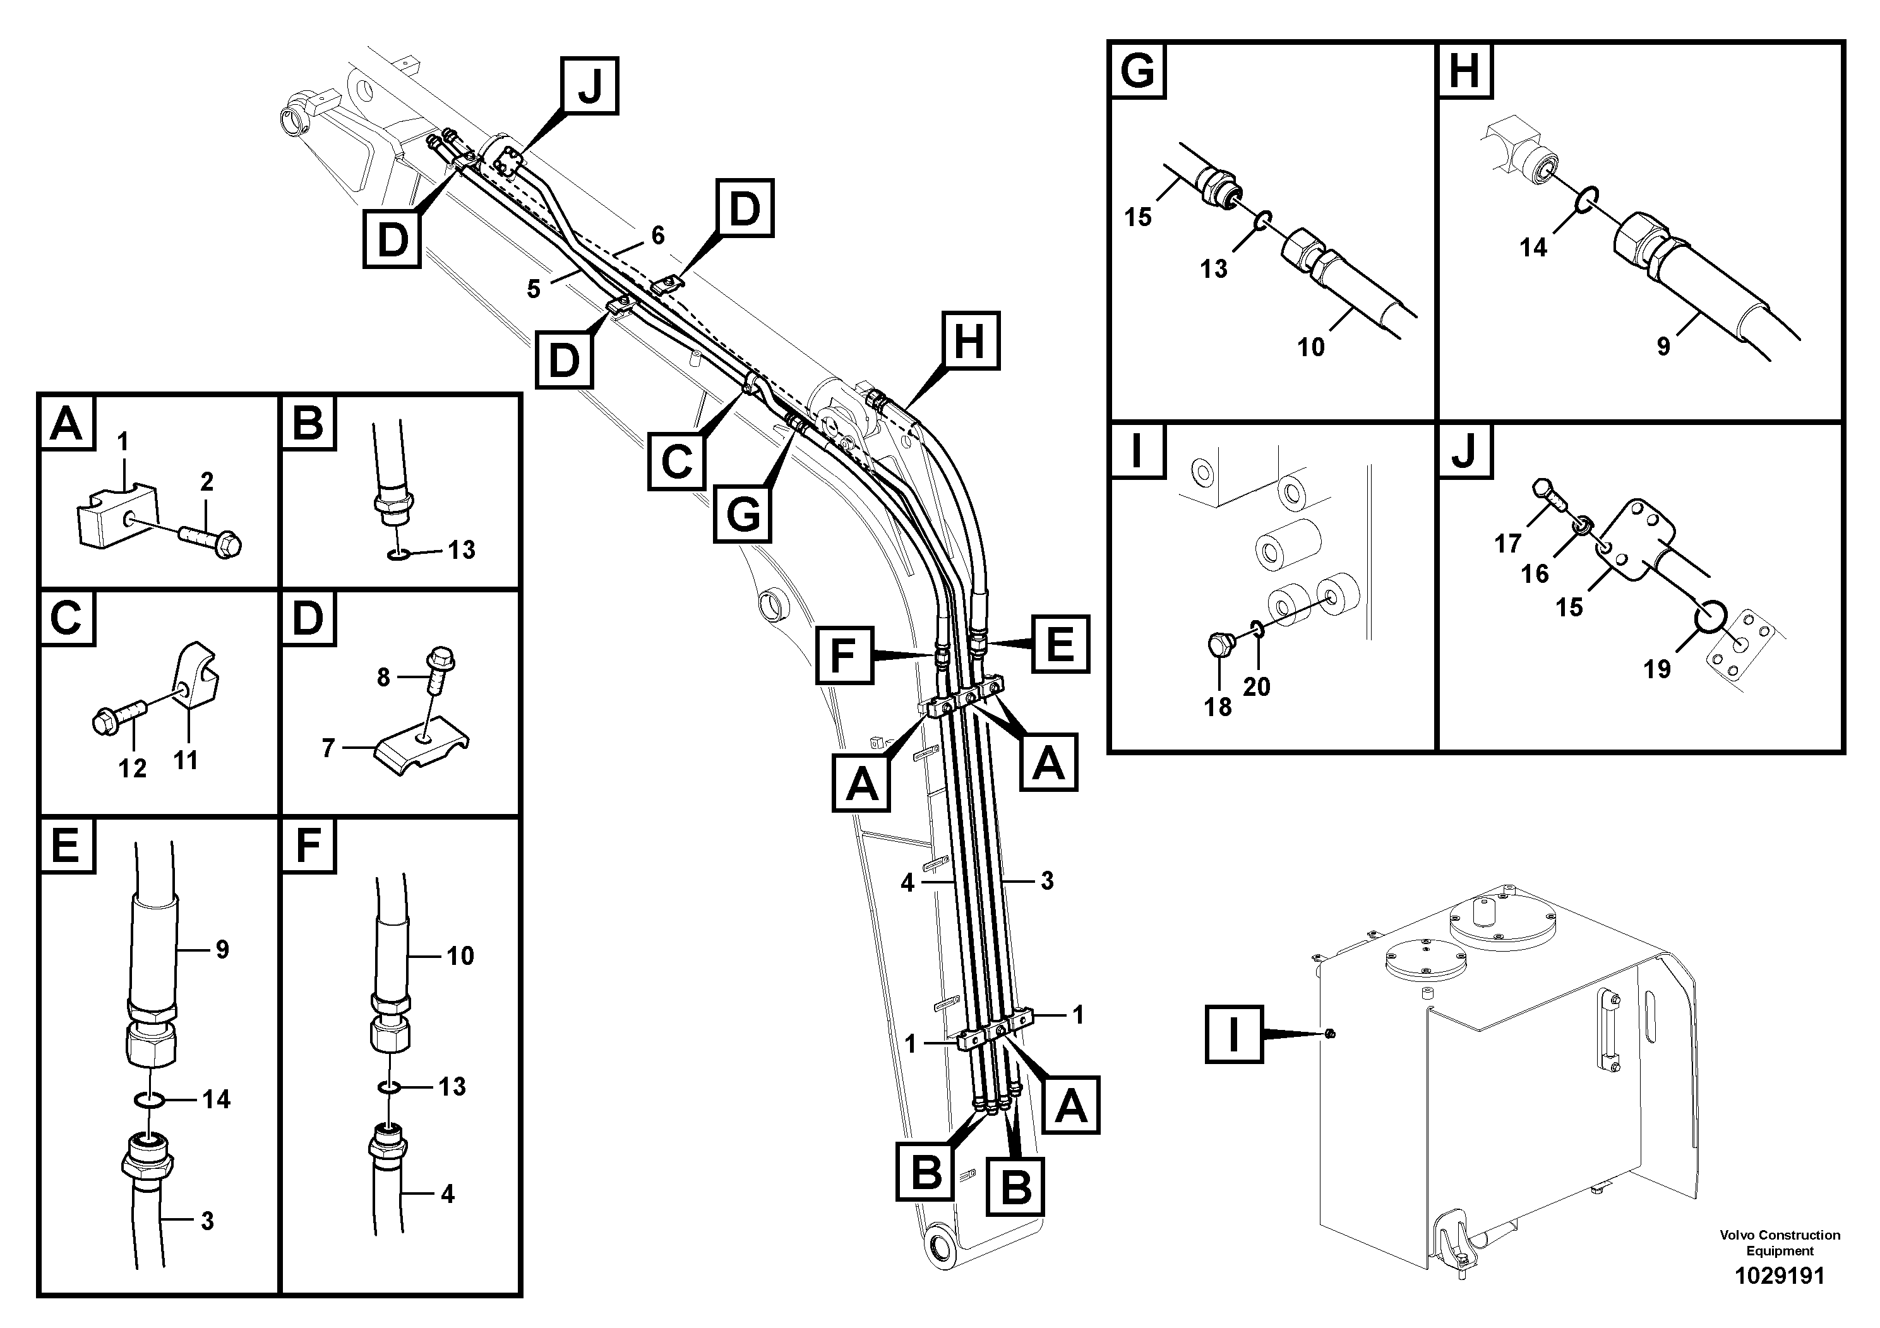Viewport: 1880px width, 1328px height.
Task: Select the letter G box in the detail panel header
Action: [1137, 71]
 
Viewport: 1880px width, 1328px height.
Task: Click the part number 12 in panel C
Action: [133, 768]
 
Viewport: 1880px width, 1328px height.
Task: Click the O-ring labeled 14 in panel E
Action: [152, 1099]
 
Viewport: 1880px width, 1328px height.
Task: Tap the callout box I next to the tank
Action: [1234, 1034]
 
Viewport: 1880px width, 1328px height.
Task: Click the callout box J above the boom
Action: [590, 85]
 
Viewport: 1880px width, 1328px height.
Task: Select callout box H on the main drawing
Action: [970, 340]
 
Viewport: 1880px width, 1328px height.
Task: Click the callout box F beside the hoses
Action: [844, 654]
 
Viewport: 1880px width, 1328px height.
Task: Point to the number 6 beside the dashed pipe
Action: [657, 235]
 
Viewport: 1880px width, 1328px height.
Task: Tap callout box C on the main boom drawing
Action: [676, 462]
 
